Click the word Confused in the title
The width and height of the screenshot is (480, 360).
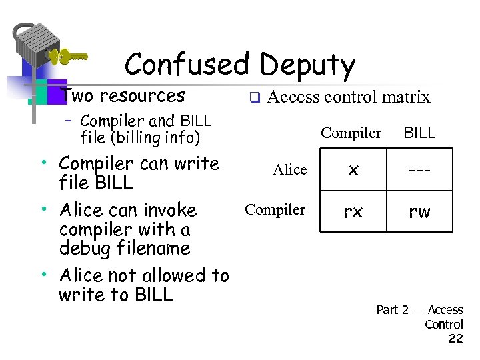(187, 65)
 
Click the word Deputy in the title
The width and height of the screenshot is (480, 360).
(307, 66)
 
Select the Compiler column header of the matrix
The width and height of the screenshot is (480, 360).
(351, 133)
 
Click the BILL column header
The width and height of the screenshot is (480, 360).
(419, 133)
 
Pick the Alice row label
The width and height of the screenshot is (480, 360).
(290, 170)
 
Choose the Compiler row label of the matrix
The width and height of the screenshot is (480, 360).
(275, 210)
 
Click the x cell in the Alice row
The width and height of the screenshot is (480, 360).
(353, 170)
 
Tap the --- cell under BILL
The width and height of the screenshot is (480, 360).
(419, 170)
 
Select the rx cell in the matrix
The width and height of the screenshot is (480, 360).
(353, 212)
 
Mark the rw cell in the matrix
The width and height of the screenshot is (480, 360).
(419, 212)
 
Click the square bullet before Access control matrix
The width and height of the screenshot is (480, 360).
(254, 99)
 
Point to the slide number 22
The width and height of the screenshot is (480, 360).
(456, 339)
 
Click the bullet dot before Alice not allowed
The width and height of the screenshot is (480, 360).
(43, 274)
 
